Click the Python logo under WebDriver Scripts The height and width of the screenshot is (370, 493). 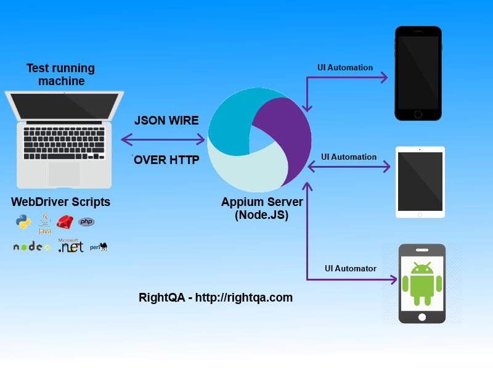(x=23, y=223)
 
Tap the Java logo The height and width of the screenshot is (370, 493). (x=44, y=224)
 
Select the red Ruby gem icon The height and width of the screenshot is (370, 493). (x=65, y=222)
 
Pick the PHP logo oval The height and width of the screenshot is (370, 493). (x=86, y=222)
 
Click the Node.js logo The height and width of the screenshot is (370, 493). (x=31, y=247)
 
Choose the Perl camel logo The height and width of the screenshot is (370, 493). (x=99, y=247)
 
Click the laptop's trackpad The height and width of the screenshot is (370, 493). (x=64, y=173)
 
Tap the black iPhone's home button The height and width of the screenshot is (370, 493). (x=418, y=114)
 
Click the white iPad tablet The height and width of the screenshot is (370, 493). (x=420, y=182)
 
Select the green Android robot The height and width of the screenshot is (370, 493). (x=422, y=282)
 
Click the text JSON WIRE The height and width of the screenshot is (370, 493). (x=166, y=120)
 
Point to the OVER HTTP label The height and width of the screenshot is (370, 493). (x=166, y=160)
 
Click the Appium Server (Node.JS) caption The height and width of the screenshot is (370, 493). (x=262, y=208)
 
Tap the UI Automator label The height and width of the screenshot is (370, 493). (x=351, y=268)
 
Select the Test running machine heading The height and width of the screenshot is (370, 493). (x=61, y=75)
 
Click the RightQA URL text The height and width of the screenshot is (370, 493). (x=216, y=297)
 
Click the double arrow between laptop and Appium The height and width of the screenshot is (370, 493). (x=163, y=139)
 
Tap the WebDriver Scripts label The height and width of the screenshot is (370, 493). (x=61, y=202)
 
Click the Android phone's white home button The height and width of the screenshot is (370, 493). (x=422, y=317)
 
